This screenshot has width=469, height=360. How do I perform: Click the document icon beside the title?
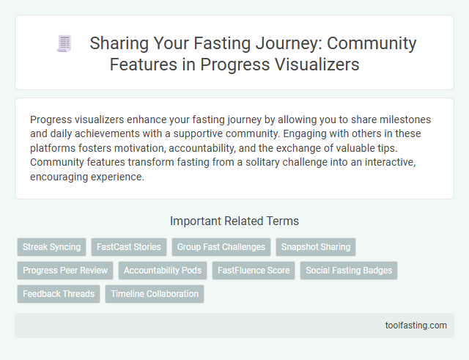64,44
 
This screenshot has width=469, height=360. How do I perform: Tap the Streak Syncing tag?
51,247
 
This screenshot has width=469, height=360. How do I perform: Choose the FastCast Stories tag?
128,247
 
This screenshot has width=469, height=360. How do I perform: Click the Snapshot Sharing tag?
316,247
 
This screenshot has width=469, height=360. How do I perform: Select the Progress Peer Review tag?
65,271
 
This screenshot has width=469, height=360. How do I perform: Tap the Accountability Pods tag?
163,271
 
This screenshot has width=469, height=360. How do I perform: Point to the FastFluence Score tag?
253,271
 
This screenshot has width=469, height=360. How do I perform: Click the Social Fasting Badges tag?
349,271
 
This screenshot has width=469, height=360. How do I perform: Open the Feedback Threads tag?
59,294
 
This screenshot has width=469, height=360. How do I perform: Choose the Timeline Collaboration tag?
155,294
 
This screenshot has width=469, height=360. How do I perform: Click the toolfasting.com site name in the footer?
415,326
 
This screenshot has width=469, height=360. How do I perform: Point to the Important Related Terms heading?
234,221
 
